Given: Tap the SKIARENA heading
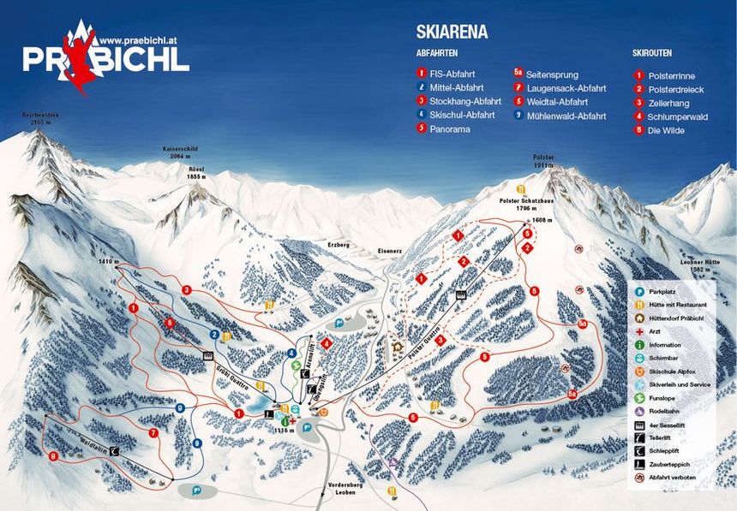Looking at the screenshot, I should coord(452,33).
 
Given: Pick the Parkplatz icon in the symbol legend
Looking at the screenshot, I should coord(639,292).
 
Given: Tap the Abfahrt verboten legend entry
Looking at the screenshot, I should coord(677,477).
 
